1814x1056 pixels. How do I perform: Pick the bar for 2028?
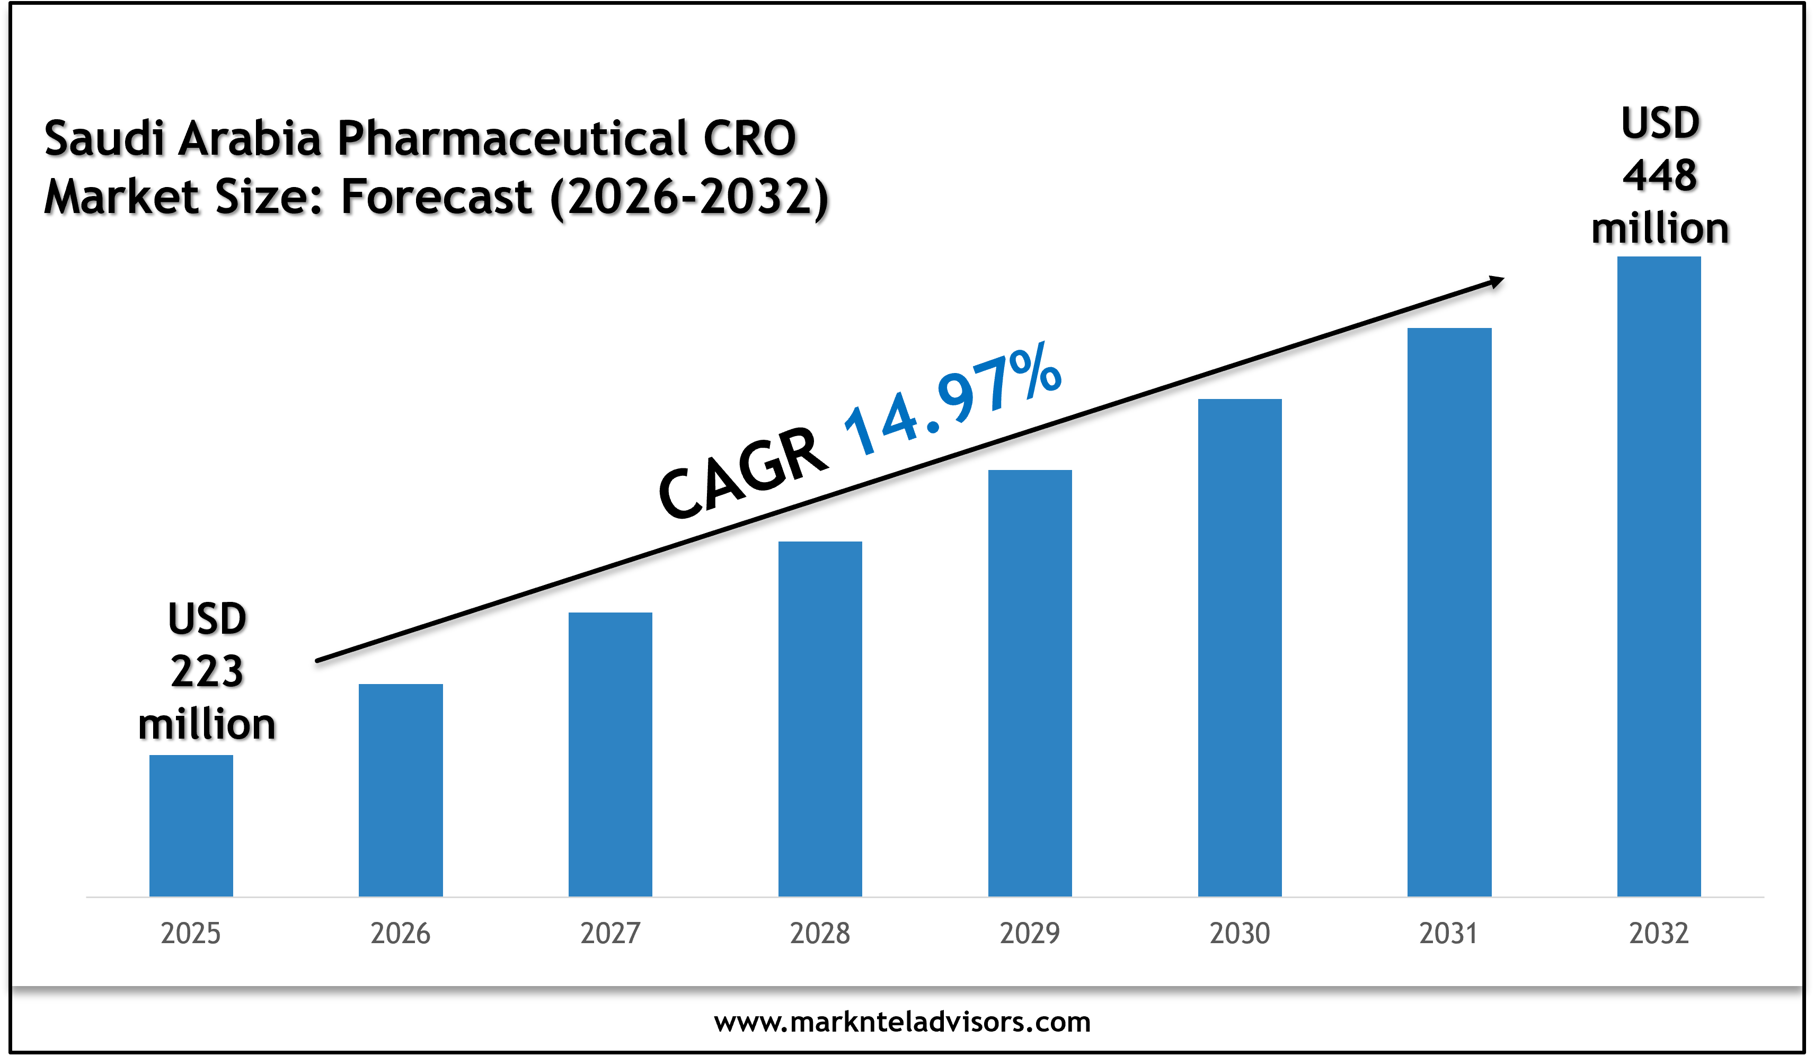tap(820, 718)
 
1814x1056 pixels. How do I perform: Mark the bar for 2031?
tap(1449, 612)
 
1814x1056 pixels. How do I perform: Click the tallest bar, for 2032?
tap(1659, 576)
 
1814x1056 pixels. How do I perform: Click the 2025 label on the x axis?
tap(191, 934)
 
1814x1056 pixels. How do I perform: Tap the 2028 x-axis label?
tap(820, 934)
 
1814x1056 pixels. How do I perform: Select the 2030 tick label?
tap(1240, 934)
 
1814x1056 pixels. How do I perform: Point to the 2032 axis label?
tap(1659, 934)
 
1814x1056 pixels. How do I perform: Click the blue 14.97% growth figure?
tap(952, 400)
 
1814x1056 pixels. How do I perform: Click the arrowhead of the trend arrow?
tap(1496, 281)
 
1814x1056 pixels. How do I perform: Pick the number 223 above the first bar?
tap(207, 672)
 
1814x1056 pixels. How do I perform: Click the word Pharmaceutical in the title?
tap(512, 138)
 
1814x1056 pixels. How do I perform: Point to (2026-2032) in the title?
tap(689, 197)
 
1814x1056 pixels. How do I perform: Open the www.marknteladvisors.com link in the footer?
tap(902, 1022)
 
